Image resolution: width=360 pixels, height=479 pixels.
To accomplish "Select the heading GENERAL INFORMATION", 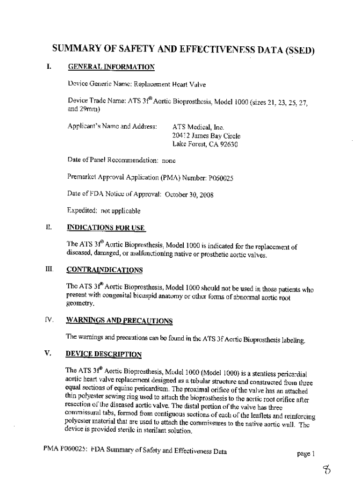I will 111,68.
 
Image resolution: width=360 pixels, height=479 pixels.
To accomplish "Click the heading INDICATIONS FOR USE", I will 106,228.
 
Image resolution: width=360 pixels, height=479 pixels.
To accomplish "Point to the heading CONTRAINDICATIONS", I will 104,270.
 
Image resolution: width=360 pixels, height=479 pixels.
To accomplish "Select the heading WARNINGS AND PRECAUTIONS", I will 120,321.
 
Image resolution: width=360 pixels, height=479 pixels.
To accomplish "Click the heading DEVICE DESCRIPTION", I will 104,354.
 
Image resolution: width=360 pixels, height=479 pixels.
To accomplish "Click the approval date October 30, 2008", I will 190,195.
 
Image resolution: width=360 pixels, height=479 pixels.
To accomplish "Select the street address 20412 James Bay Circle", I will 206,136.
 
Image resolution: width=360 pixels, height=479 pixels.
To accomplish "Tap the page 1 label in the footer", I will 307,453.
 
